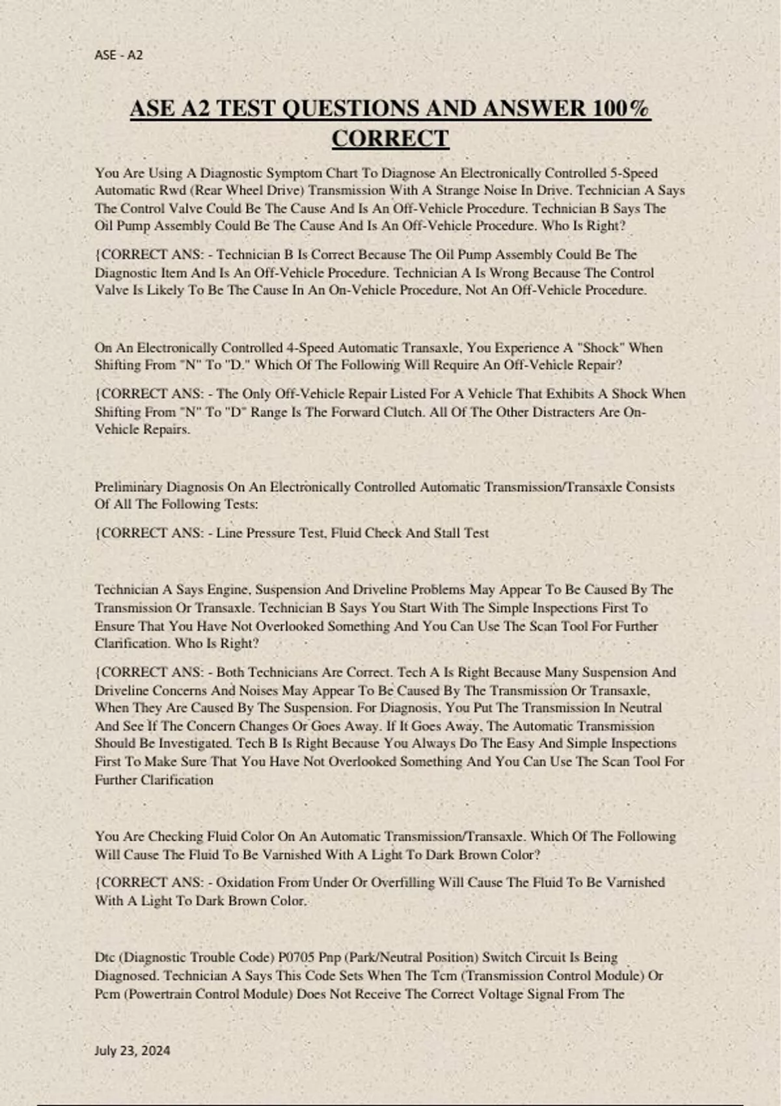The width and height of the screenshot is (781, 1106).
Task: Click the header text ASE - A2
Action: (x=118, y=55)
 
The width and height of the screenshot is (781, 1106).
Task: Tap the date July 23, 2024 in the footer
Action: (x=132, y=1050)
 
